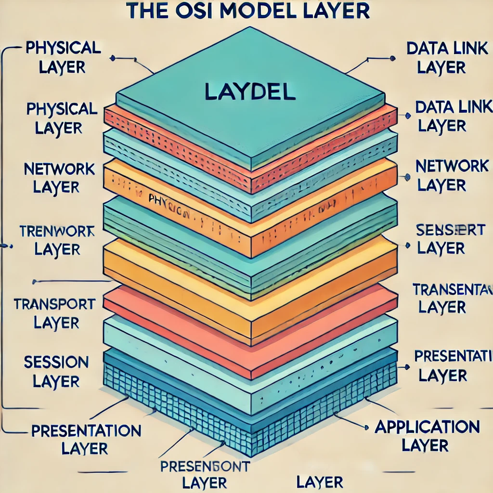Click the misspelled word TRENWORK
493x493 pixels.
[x=57, y=231]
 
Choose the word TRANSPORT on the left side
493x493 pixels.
[x=54, y=304]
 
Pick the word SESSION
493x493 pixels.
[x=56, y=362]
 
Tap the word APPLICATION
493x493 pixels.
[x=427, y=427]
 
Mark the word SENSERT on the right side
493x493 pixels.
[x=451, y=230]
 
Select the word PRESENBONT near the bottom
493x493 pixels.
[x=204, y=466]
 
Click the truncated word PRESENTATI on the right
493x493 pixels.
[x=453, y=356]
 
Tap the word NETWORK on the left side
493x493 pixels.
[x=59, y=169]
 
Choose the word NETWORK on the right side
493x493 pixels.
[x=452, y=167]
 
